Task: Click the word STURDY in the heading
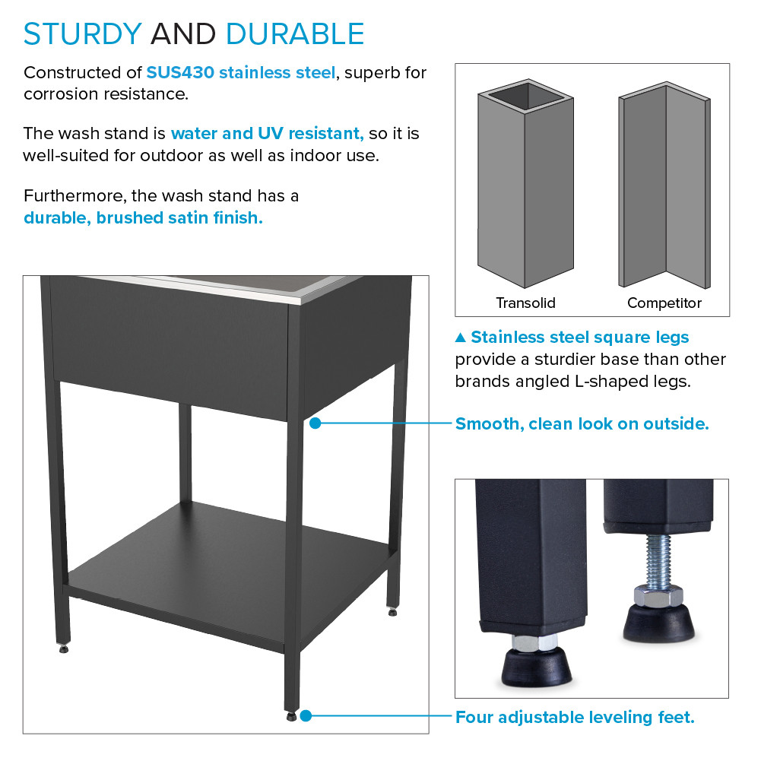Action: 83,34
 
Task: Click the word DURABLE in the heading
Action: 295,34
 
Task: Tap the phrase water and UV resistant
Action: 267,134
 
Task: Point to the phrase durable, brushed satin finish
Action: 143,217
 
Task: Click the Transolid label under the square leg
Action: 525,303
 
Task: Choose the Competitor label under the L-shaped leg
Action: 664,303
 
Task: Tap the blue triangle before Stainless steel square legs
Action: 460,338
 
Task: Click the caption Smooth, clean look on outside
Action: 582,423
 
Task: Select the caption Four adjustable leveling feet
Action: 575,717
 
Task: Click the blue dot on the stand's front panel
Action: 315,423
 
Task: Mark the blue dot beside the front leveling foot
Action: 306,715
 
